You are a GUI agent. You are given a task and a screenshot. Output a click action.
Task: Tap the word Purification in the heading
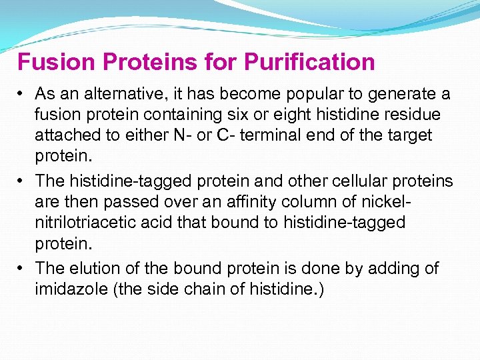pos(309,62)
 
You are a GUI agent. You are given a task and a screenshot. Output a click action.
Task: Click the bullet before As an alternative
pos(22,94)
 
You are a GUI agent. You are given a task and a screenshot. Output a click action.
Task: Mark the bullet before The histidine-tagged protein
pos(22,181)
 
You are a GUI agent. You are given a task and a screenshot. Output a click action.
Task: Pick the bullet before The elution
pos(22,268)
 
